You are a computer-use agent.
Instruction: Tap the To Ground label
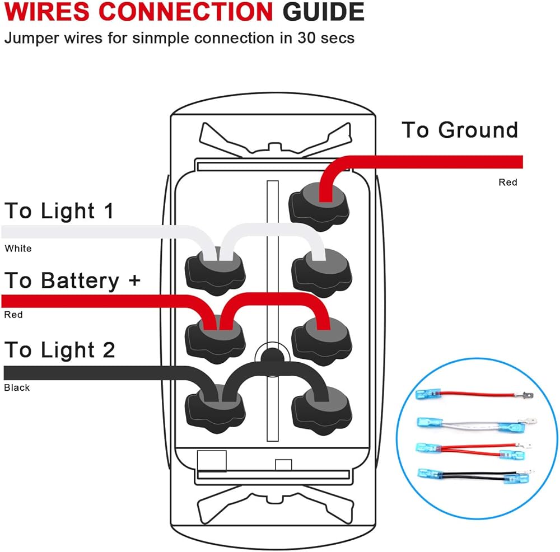pos(460,130)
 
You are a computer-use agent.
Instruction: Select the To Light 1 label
pos(59,211)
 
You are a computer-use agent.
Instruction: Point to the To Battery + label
pos(72,280)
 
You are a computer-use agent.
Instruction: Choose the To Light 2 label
pos(59,350)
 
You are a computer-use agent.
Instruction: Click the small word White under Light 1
pos(18,249)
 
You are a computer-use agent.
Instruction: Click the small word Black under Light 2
pos(17,387)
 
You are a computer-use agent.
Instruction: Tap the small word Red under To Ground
pos(508,183)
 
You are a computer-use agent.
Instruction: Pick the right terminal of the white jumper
pos(320,270)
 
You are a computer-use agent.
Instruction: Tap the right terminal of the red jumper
pos(321,339)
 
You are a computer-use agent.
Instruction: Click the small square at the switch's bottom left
pos(212,460)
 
